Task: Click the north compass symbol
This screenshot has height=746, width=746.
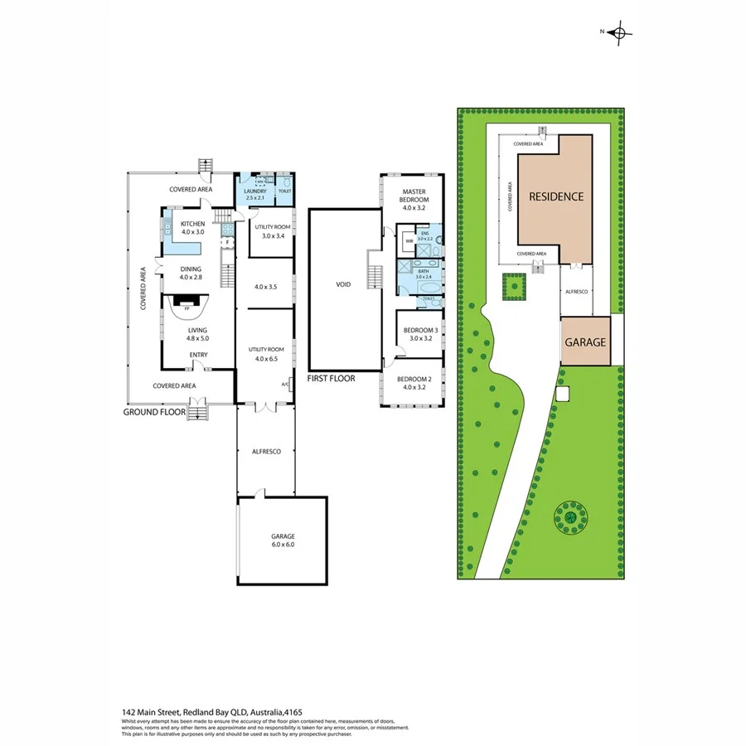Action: [618, 33]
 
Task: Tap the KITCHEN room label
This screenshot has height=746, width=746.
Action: [193, 224]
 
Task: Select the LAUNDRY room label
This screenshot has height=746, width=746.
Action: [255, 191]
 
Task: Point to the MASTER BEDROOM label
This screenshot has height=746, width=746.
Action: [414, 196]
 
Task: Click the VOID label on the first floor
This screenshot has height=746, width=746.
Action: [343, 284]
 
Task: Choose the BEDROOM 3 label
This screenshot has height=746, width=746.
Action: [419, 330]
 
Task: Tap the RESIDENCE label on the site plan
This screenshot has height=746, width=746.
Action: [556, 197]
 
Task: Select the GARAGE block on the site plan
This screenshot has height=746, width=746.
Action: [586, 342]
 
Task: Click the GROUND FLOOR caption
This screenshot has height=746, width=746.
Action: [154, 412]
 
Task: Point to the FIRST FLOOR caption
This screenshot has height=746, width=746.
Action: [330, 379]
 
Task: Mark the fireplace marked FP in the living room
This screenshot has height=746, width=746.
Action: [186, 308]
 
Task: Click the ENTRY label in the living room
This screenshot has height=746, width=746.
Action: [198, 356]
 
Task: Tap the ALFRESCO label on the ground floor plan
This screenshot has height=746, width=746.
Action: [267, 451]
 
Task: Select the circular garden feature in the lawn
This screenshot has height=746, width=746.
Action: [571, 517]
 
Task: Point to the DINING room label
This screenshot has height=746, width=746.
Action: [191, 269]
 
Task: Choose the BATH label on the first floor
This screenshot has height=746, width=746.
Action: [423, 272]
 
